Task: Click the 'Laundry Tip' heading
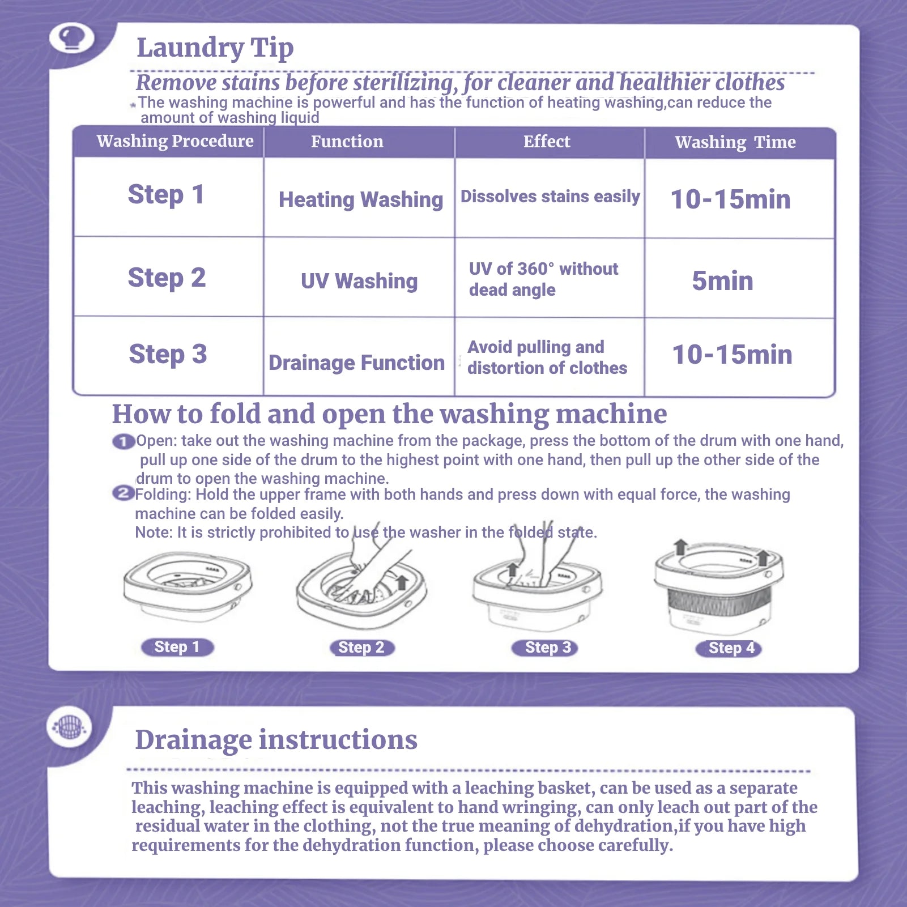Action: [215, 48]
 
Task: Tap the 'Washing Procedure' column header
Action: [175, 141]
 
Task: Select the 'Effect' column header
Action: [547, 141]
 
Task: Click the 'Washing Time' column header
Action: [735, 142]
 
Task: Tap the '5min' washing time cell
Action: [723, 281]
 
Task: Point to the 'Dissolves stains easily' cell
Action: [550, 196]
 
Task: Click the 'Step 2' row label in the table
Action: [167, 278]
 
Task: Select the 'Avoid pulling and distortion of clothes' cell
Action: [547, 357]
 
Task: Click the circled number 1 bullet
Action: [124, 441]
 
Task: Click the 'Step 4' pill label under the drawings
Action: [729, 648]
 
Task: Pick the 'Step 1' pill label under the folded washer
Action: [177, 647]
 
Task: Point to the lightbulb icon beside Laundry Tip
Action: [72, 39]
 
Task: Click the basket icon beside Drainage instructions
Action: [70, 726]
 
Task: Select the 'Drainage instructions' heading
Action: [276, 740]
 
